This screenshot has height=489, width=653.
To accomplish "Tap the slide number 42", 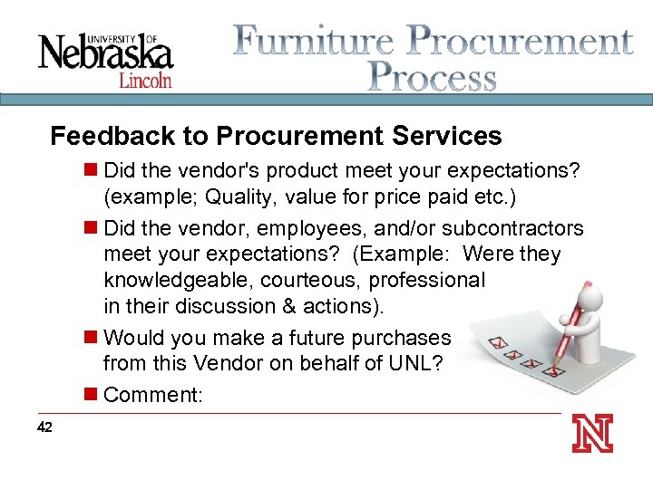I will tap(45, 427).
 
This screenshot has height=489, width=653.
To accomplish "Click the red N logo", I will tap(592, 433).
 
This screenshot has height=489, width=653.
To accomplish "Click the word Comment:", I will tap(152, 394).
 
